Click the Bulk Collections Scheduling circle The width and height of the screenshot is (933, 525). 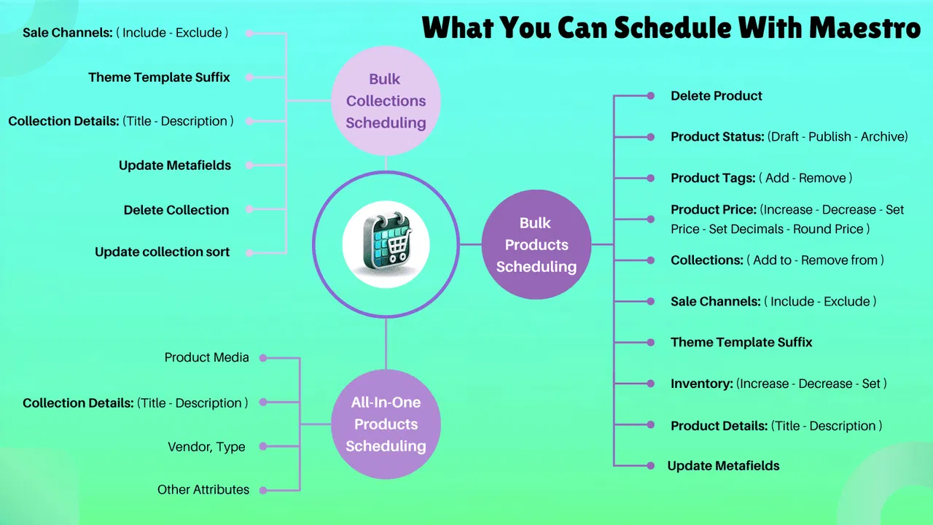tap(386, 101)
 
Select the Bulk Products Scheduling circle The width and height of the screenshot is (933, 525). tap(536, 244)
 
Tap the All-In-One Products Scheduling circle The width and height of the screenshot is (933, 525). tap(386, 424)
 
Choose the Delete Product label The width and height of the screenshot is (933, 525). tap(717, 96)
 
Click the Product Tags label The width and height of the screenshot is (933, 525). tap(713, 178)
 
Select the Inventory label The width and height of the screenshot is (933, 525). tap(701, 384)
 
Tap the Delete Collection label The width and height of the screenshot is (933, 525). tap(176, 210)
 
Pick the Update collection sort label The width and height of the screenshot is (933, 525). tap(162, 252)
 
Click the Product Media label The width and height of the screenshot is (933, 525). tap(206, 357)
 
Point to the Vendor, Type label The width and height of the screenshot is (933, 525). tap(206, 446)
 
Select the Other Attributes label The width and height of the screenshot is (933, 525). tap(203, 489)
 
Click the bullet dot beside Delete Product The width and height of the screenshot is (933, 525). tap(650, 96)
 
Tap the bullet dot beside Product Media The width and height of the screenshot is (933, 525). tap(263, 358)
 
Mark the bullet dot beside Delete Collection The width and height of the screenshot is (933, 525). tap(249, 209)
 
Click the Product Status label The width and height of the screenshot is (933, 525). tap(717, 136)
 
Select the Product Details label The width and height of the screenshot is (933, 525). tap(719, 426)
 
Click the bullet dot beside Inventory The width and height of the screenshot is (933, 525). tap(650, 384)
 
